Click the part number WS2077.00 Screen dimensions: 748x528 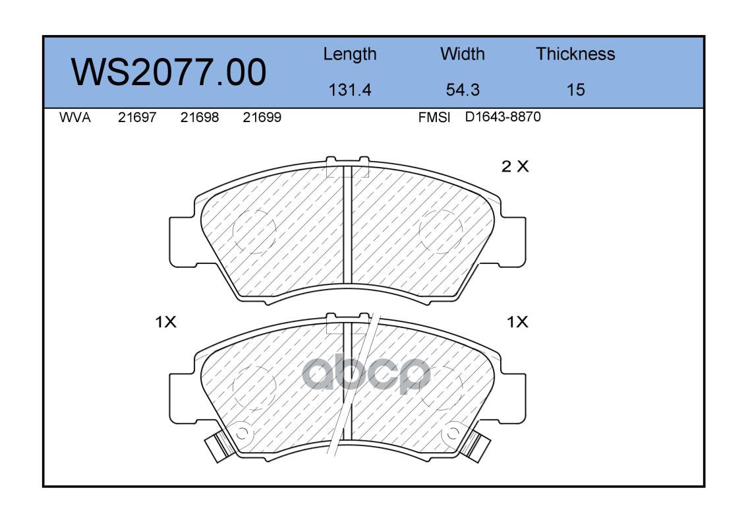[x=169, y=73]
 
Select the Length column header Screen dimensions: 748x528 [x=350, y=55]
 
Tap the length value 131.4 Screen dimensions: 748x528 [x=350, y=90]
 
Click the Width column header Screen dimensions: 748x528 [x=462, y=53]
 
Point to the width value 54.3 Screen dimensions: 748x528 [x=462, y=90]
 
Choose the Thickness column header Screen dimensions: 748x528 [x=575, y=53]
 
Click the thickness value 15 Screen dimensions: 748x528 [x=575, y=90]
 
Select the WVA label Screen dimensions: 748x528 [x=75, y=117]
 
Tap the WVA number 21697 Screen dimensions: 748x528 [x=137, y=117]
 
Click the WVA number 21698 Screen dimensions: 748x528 [x=200, y=117]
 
